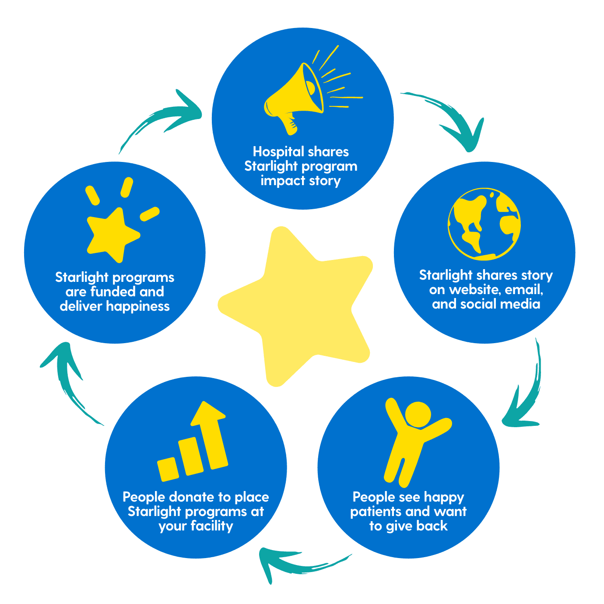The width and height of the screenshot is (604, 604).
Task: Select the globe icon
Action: point(485,224)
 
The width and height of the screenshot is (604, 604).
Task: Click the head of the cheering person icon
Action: point(418,414)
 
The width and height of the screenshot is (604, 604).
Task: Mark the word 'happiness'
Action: point(138,306)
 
